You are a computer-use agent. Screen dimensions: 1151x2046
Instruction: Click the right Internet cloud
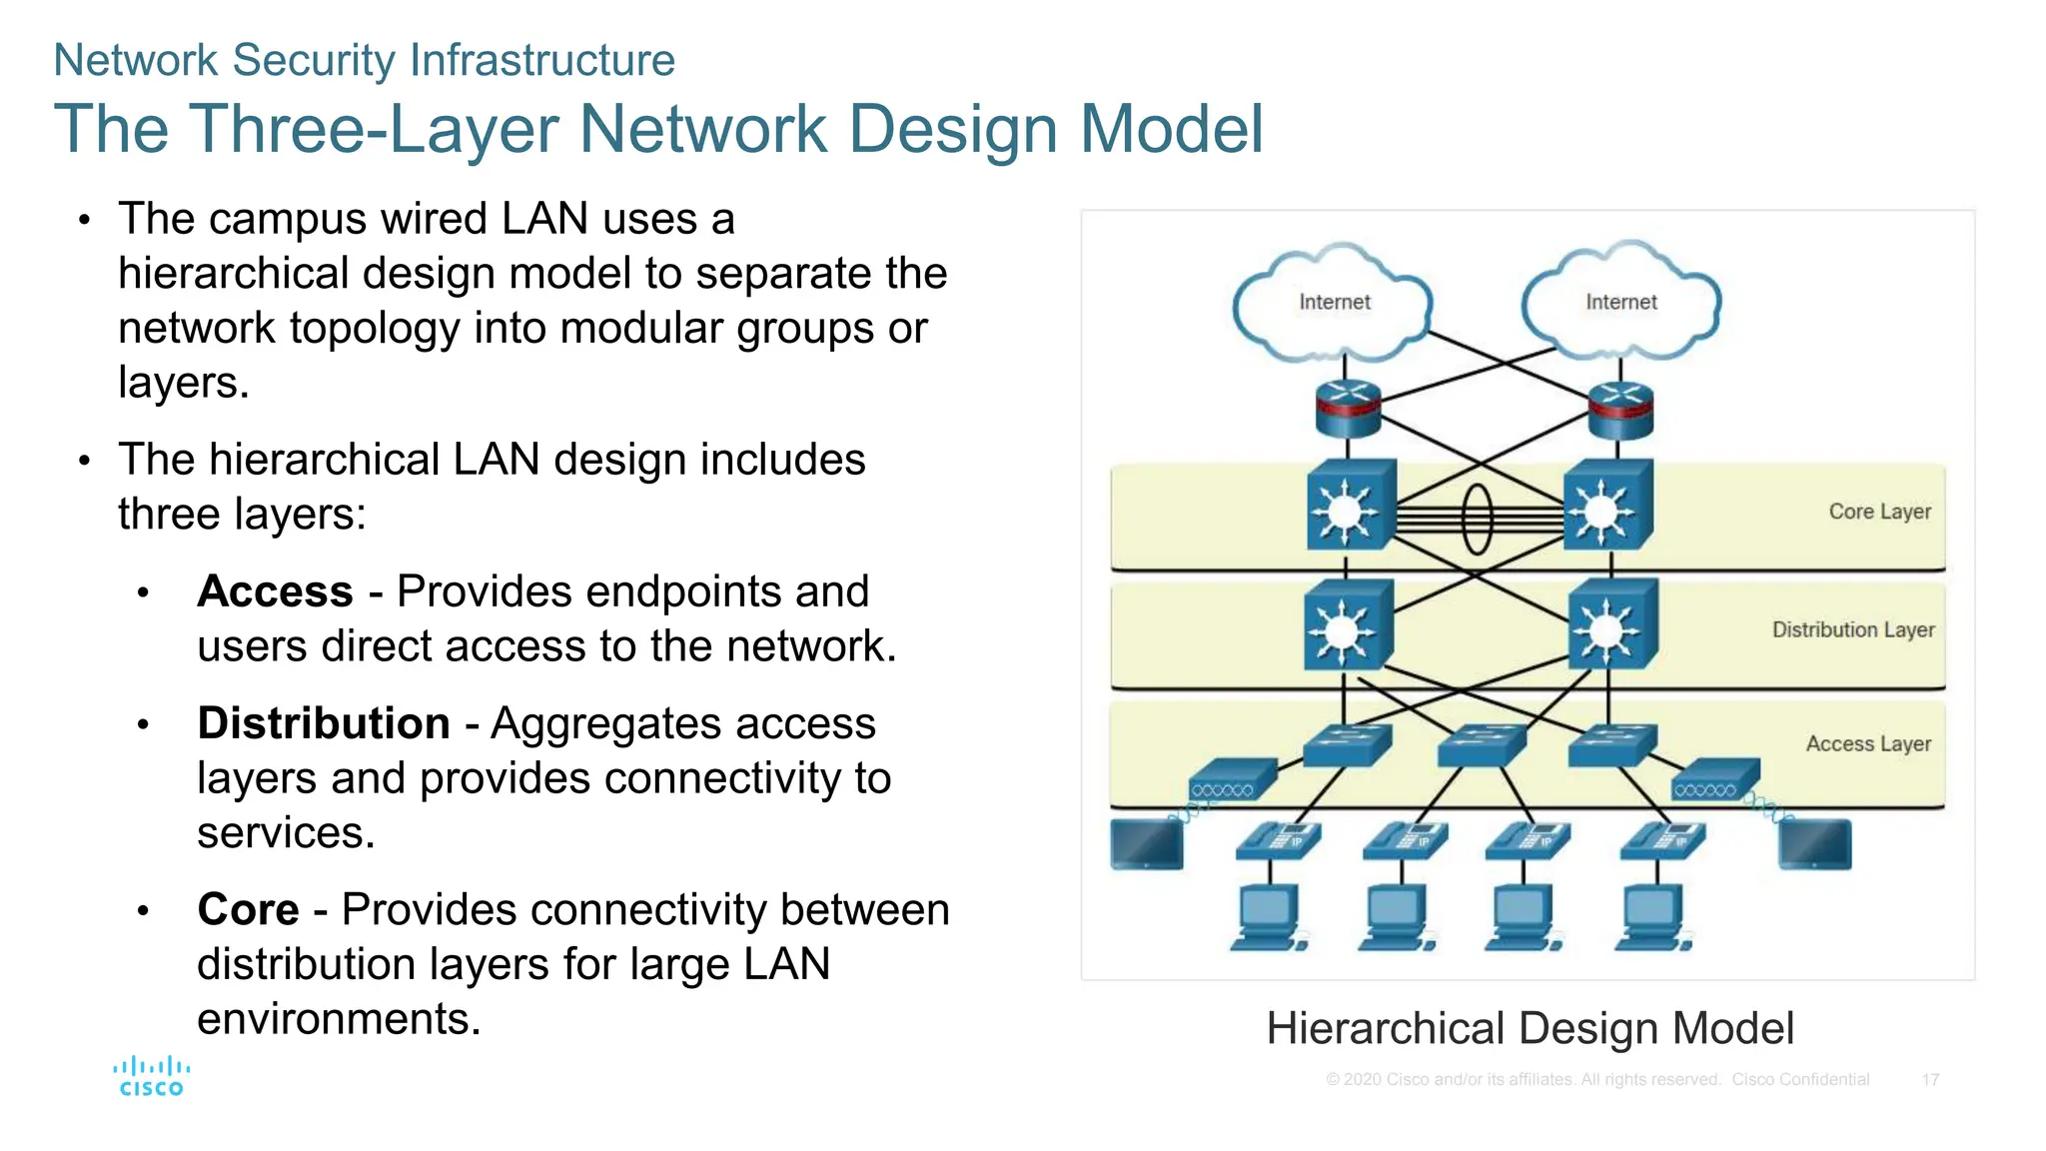[x=1620, y=302]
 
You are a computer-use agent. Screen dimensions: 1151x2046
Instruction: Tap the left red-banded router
[x=1348, y=410]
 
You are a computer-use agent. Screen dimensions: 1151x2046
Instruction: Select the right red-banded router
[x=1620, y=411]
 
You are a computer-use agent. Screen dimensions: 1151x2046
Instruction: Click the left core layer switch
[x=1349, y=507]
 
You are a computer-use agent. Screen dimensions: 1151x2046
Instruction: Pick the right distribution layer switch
[x=1610, y=626]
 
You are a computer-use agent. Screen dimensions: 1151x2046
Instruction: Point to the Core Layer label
[x=1878, y=512]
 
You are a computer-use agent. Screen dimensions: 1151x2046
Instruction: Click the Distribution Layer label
[x=1852, y=629]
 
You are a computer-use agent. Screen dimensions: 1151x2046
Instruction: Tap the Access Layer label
[x=1867, y=743]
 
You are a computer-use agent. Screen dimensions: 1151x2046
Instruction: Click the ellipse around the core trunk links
[x=1477, y=519]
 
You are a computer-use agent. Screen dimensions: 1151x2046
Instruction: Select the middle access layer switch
[x=1481, y=744]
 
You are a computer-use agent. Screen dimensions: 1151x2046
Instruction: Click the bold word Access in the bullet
[x=275, y=591]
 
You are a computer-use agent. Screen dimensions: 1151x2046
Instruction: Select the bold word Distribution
[x=324, y=723]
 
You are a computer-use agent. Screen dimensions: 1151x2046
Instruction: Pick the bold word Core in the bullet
[x=248, y=910]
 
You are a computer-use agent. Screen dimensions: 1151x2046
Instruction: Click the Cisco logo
[x=151, y=1077]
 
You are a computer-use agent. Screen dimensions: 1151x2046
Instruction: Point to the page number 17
[x=1930, y=1080]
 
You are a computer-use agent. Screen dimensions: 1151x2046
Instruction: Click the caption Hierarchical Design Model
[x=1530, y=1028]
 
